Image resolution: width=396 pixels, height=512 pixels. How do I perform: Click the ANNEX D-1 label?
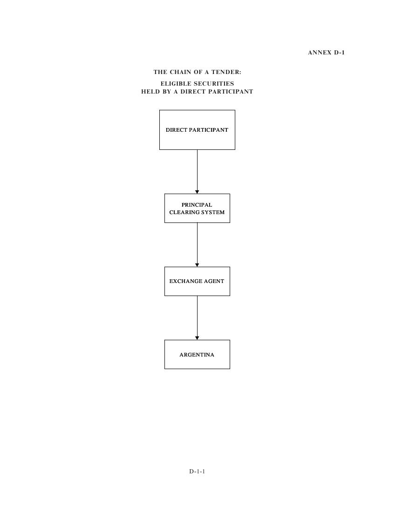pyautogui.click(x=326, y=53)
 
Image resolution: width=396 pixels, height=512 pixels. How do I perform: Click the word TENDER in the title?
pyautogui.click(x=226, y=72)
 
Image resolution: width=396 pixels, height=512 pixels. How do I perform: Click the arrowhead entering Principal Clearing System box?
pyautogui.click(x=197, y=192)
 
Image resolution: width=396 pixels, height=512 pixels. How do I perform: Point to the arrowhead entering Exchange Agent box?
pyautogui.click(x=197, y=265)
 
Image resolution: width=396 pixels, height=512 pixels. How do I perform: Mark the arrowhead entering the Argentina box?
pyautogui.click(x=197, y=338)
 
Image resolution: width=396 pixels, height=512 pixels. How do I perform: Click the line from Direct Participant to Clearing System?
pyautogui.click(x=197, y=172)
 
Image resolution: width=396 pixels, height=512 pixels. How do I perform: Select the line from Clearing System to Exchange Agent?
pyautogui.click(x=197, y=245)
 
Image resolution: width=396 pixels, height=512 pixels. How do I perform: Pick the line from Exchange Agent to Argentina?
pyautogui.click(x=197, y=318)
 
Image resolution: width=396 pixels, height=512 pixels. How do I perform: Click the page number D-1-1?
pyautogui.click(x=197, y=472)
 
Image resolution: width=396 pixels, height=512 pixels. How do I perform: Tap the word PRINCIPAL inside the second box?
pyautogui.click(x=197, y=205)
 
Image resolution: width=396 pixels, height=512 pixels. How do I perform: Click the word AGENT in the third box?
pyautogui.click(x=214, y=281)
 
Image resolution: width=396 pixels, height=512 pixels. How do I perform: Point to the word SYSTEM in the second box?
pyautogui.click(x=214, y=212)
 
